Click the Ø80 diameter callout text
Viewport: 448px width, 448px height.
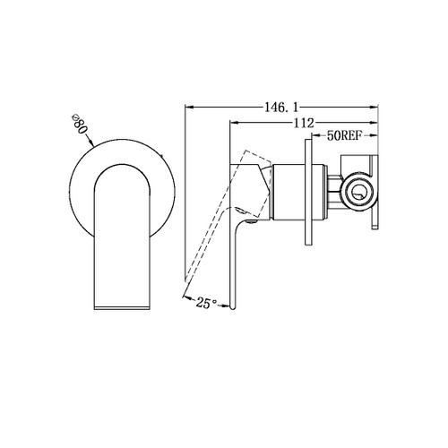click(x=77, y=127)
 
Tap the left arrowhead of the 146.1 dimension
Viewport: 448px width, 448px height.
click(x=187, y=108)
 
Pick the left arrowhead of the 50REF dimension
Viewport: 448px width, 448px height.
click(x=312, y=139)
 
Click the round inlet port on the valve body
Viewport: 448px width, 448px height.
click(x=358, y=191)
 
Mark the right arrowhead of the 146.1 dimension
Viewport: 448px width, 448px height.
click(x=378, y=108)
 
